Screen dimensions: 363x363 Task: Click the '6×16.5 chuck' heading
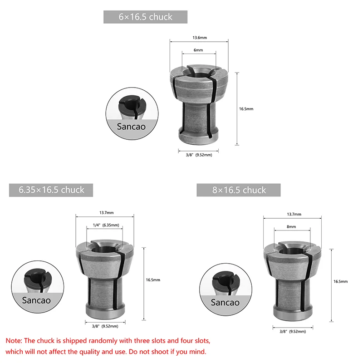tap(145, 17)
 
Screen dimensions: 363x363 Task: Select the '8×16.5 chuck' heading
tap(239, 190)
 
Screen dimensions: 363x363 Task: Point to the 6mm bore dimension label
tap(198, 50)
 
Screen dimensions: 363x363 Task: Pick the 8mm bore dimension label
tap(291, 226)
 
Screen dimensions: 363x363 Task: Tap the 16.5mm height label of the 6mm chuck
tap(246, 109)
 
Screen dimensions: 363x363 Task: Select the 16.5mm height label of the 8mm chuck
tap(340, 282)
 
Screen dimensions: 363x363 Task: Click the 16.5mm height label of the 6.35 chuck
tap(153, 280)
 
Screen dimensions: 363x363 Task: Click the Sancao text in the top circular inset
tap(131, 126)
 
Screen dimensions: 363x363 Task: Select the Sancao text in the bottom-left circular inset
tap(36, 300)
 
